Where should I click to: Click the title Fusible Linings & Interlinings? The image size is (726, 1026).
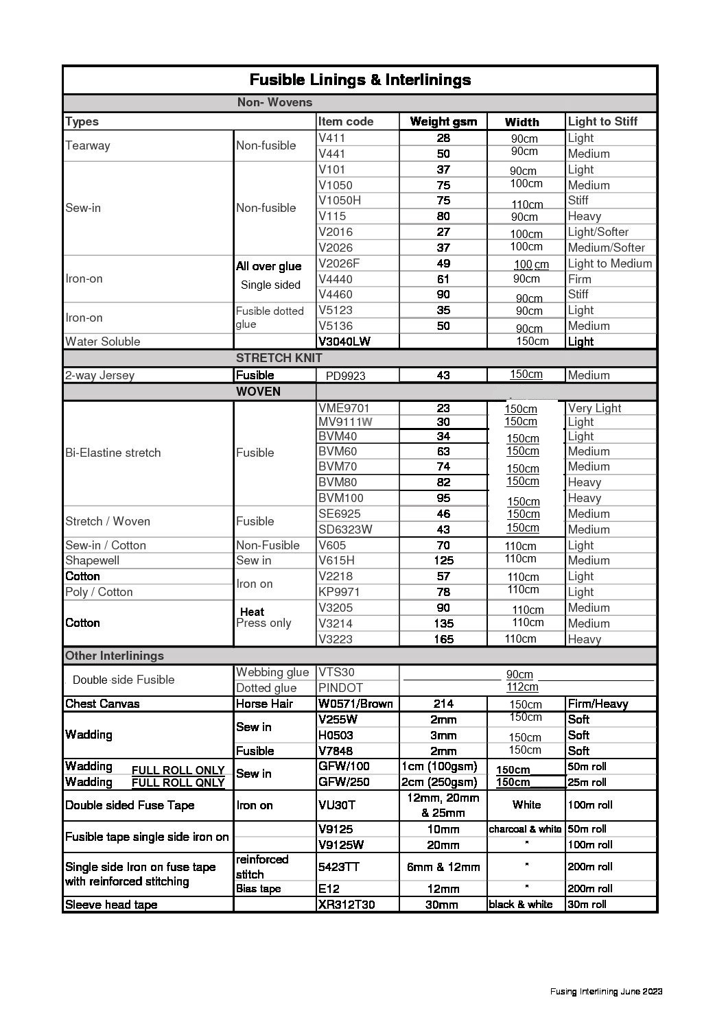click(x=360, y=80)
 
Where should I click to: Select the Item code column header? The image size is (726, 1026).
click(x=346, y=121)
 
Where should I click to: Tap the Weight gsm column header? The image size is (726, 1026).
click(x=443, y=121)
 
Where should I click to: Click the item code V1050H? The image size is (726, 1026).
click(x=340, y=200)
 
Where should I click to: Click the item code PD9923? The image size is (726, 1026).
click(x=345, y=376)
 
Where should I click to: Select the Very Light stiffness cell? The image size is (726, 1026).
click(x=594, y=408)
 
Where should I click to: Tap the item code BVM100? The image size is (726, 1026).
click(x=341, y=498)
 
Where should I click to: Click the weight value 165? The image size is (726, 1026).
click(x=443, y=639)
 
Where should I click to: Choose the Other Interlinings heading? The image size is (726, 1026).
click(x=115, y=656)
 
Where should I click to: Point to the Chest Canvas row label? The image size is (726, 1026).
click(x=102, y=704)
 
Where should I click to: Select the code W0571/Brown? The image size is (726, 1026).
click(x=355, y=704)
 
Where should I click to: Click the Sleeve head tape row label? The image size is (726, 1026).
click(x=111, y=905)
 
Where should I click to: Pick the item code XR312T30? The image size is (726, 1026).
click(x=347, y=905)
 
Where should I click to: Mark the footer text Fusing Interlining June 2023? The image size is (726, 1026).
click(x=606, y=992)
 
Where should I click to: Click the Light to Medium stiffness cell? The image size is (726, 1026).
click(x=609, y=263)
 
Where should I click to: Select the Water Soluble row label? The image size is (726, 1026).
click(x=102, y=342)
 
